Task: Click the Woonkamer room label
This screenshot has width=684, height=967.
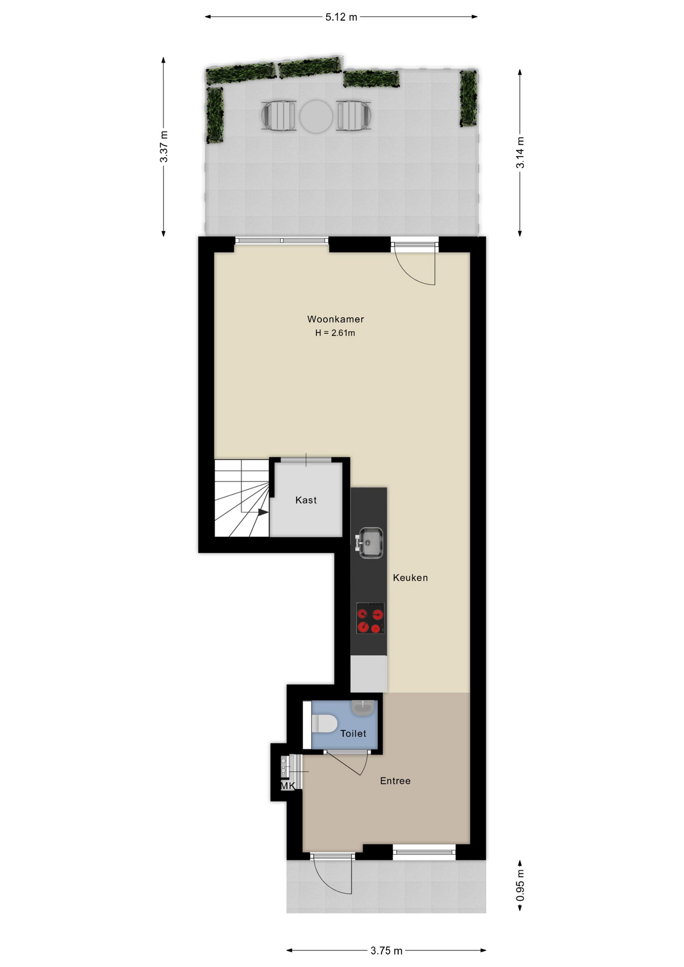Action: (x=335, y=319)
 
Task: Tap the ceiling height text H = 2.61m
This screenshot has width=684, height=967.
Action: (x=335, y=333)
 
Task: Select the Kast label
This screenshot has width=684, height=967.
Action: (x=306, y=500)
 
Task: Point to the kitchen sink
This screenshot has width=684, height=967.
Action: (x=370, y=542)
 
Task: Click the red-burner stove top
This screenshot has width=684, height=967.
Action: (x=371, y=618)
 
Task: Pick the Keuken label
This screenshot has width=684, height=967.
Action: (x=410, y=578)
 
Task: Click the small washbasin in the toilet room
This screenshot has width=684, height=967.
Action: (x=363, y=708)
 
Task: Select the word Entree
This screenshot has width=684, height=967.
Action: (x=395, y=781)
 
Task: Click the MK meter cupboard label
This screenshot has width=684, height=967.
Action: (x=288, y=786)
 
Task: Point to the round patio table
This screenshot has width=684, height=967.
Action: (x=316, y=116)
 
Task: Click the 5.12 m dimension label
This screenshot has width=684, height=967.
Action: (x=341, y=17)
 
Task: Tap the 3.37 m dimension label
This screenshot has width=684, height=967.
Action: (x=164, y=147)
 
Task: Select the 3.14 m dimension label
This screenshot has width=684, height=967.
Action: (x=520, y=153)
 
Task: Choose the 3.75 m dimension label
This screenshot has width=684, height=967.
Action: (x=386, y=951)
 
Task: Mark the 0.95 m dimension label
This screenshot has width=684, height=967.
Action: (x=520, y=885)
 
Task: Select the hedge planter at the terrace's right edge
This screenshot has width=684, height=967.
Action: (x=468, y=98)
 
